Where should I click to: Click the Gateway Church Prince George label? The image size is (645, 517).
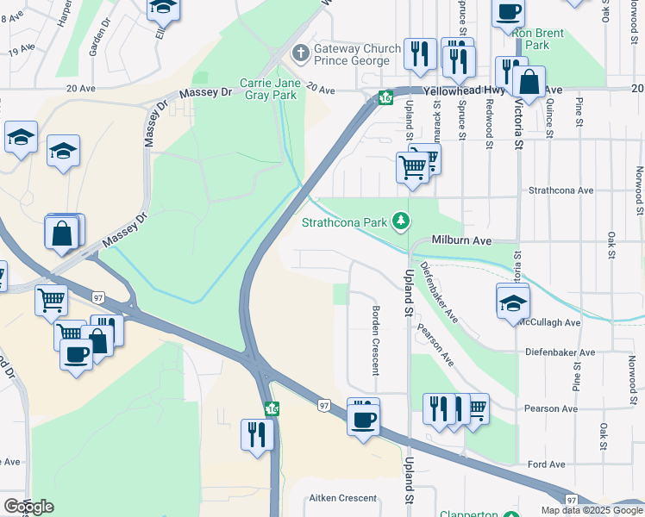(x=357, y=55)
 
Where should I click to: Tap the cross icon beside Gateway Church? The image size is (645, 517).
(x=300, y=53)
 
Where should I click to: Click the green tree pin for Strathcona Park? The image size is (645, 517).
(x=400, y=221)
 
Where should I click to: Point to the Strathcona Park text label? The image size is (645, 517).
(x=344, y=222)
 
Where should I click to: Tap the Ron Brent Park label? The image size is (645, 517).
(x=538, y=39)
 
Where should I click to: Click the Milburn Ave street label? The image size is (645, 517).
(x=461, y=240)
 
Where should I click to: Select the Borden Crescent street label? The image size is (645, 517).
(x=375, y=340)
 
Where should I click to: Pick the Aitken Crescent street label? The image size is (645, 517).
(x=342, y=498)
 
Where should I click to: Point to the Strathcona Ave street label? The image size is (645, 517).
(x=561, y=190)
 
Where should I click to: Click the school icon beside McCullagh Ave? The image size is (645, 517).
(x=513, y=301)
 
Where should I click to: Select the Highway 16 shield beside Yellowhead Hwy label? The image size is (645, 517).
(x=385, y=97)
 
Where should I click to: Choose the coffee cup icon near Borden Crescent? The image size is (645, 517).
(x=363, y=420)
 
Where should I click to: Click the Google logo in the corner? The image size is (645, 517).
(x=28, y=507)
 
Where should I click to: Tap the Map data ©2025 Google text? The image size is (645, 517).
(x=592, y=510)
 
